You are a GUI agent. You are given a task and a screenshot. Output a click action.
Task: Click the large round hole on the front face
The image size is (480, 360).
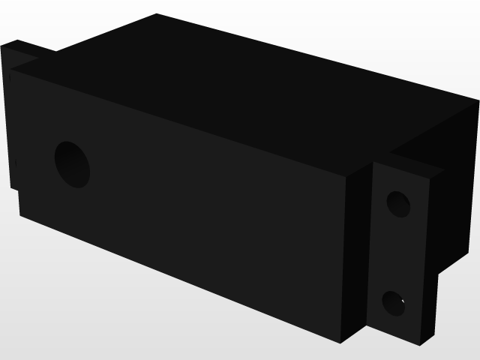pos(73,164)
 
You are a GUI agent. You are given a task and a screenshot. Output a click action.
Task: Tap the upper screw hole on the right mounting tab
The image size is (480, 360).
pos(398,203)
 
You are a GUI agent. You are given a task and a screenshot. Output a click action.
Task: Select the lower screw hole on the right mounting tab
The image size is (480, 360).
pos(394,303)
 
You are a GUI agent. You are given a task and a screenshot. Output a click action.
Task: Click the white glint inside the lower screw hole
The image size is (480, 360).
pos(403,302)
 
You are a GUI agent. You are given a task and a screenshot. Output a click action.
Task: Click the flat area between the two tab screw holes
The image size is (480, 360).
pos(396,253)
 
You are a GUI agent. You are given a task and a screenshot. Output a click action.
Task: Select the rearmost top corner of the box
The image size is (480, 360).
pos(156,13)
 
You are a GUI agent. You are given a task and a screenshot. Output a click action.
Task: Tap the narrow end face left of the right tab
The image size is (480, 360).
pos(358,255)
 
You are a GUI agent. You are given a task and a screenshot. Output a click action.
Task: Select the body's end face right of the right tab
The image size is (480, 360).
pos(456,195)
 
